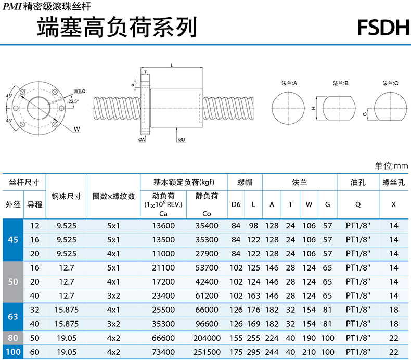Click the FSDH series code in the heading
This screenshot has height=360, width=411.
(x=383, y=27)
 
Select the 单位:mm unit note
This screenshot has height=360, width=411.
(x=391, y=166)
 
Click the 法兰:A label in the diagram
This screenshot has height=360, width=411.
(x=289, y=83)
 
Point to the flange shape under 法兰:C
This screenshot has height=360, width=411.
(x=391, y=108)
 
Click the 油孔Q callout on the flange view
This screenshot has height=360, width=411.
(x=79, y=91)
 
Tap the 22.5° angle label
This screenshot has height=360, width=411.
(x=73, y=101)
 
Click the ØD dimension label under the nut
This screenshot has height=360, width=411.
(x=182, y=140)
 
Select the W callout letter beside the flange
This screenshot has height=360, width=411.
(x=76, y=128)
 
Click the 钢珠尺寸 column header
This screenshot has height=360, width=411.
(x=67, y=196)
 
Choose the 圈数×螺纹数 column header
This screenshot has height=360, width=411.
(x=113, y=196)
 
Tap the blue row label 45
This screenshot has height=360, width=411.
(x=13, y=240)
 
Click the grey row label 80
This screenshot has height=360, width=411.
(x=13, y=338)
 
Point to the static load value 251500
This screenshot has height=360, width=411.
(x=207, y=352)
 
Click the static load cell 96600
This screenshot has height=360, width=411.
(x=207, y=324)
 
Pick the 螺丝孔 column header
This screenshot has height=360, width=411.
(x=393, y=183)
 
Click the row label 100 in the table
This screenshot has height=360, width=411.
(x=13, y=352)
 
